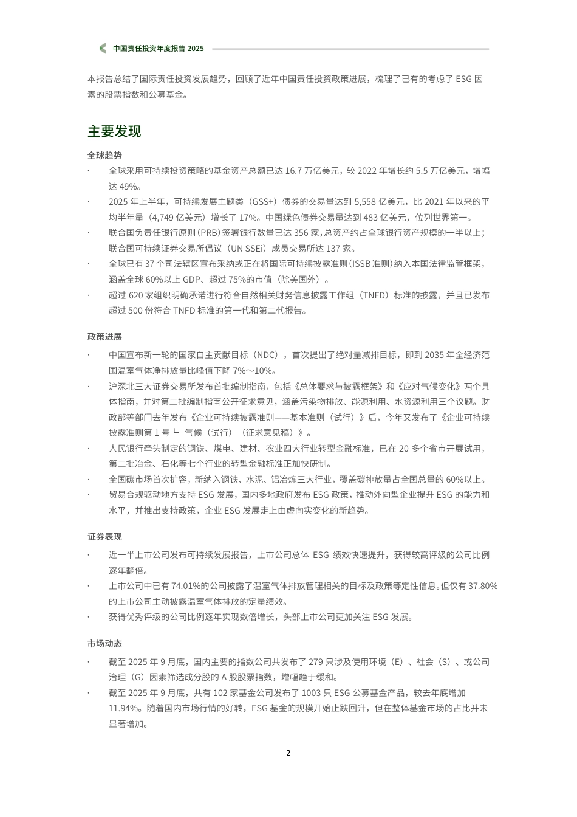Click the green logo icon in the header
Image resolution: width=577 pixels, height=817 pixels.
click(102, 49)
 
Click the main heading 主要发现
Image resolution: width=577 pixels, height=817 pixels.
click(114, 131)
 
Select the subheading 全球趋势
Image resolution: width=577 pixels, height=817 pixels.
click(104, 156)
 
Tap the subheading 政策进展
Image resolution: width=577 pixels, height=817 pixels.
click(104, 337)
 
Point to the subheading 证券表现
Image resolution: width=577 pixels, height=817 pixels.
click(104, 537)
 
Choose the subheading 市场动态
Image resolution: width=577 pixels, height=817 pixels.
click(104, 644)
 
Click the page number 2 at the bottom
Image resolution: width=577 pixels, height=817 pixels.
click(288, 753)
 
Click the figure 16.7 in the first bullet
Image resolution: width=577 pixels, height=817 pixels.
click(293, 171)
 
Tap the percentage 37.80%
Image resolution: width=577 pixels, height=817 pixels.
click(483, 586)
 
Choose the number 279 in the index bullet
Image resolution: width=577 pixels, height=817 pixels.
click(316, 662)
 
